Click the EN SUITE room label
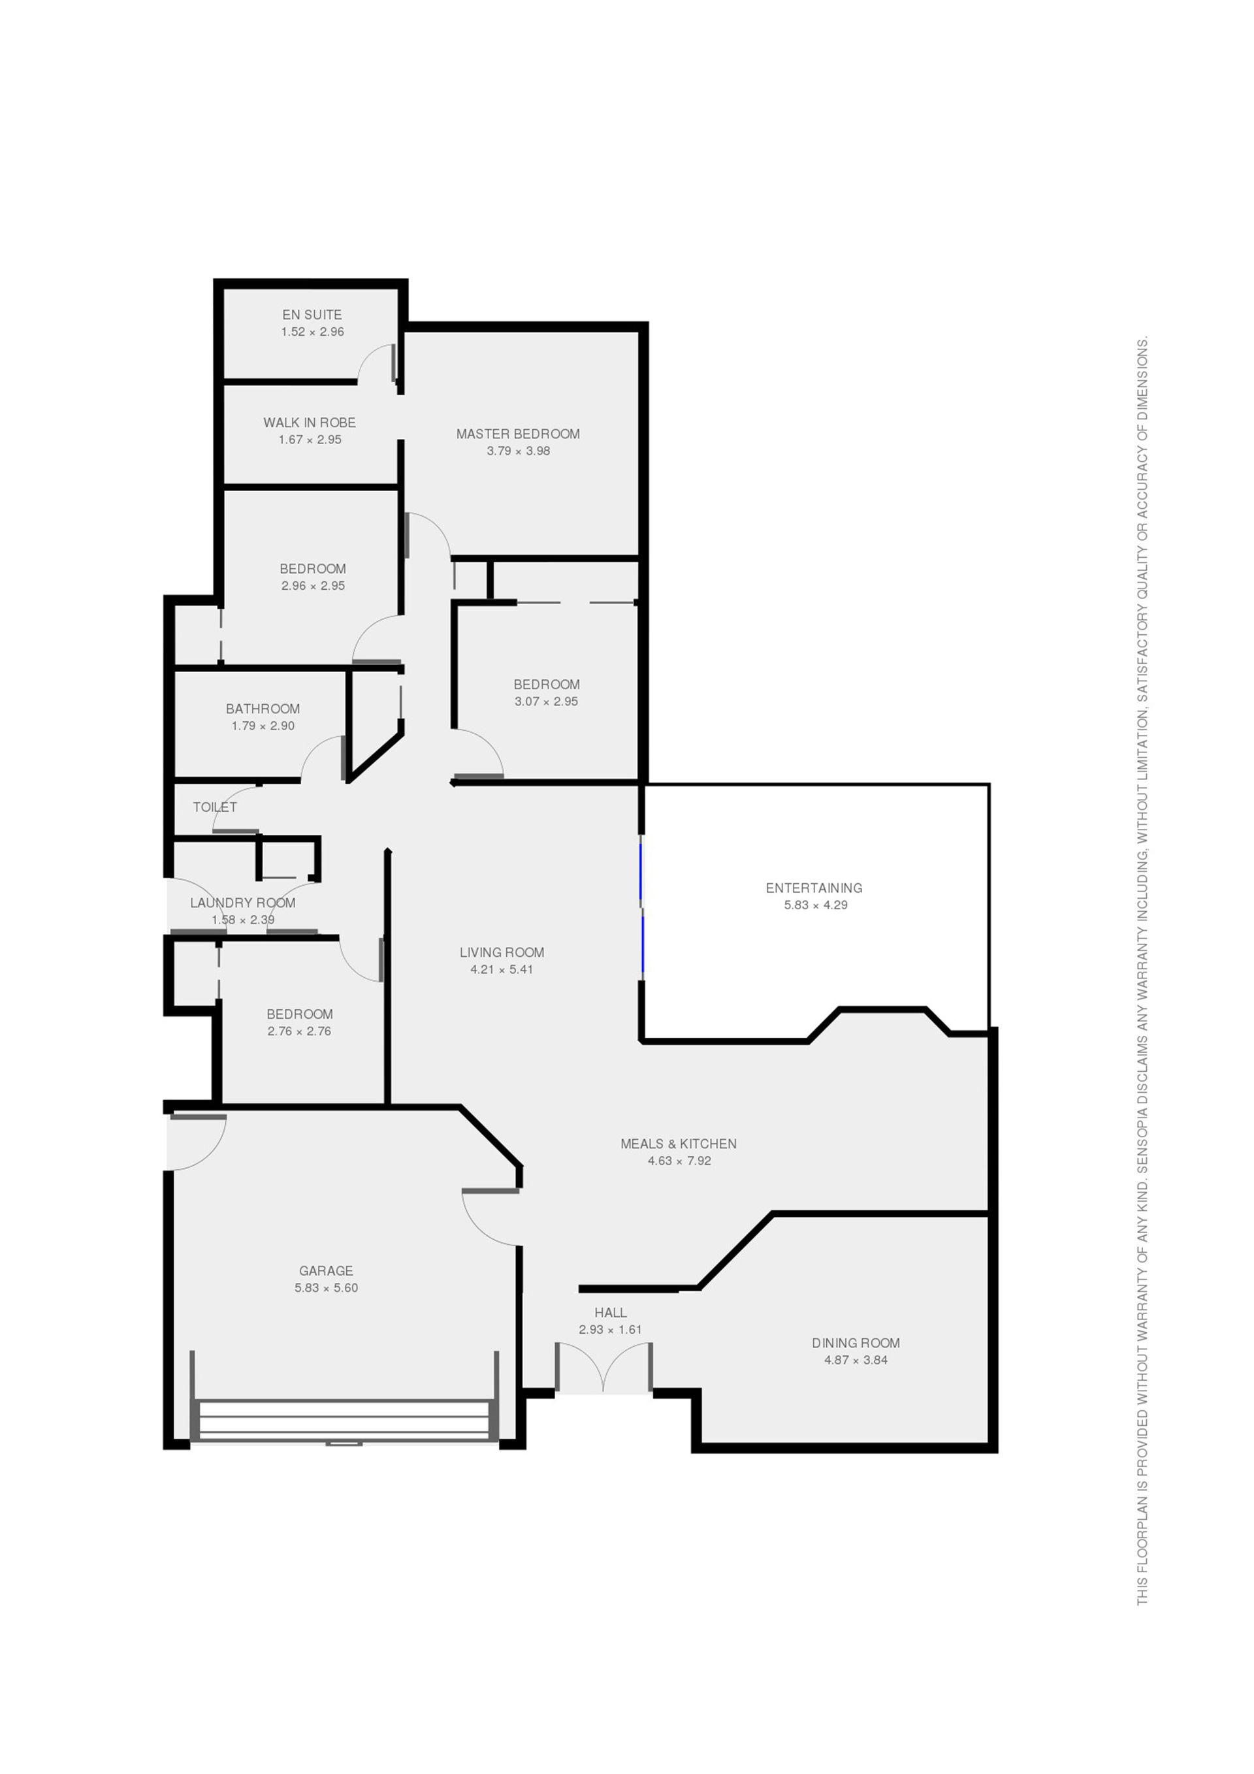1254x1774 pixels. point(312,314)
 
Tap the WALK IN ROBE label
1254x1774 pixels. point(309,423)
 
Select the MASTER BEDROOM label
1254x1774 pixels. point(518,434)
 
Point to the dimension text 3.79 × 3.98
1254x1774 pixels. point(518,451)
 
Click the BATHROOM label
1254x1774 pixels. point(263,709)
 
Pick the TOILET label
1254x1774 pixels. point(215,807)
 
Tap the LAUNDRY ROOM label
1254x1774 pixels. point(242,903)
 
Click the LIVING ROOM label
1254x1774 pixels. point(502,953)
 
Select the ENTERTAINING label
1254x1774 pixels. point(814,888)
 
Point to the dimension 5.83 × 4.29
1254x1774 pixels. point(815,905)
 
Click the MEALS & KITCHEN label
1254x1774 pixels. point(679,1144)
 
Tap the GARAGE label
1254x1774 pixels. point(325,1270)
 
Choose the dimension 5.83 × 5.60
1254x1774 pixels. point(325,1287)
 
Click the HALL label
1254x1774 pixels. point(611,1312)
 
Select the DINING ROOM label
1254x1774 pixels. point(856,1343)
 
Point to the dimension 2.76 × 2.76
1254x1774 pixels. point(299,1031)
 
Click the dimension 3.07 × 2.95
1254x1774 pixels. point(545,702)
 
